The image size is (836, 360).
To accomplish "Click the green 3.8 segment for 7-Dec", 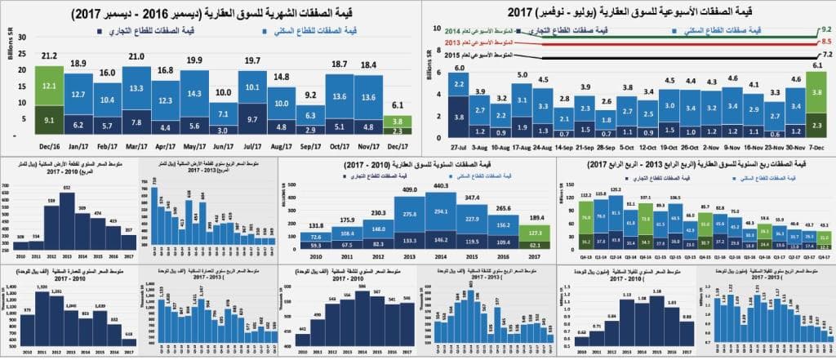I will coord(816,93).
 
